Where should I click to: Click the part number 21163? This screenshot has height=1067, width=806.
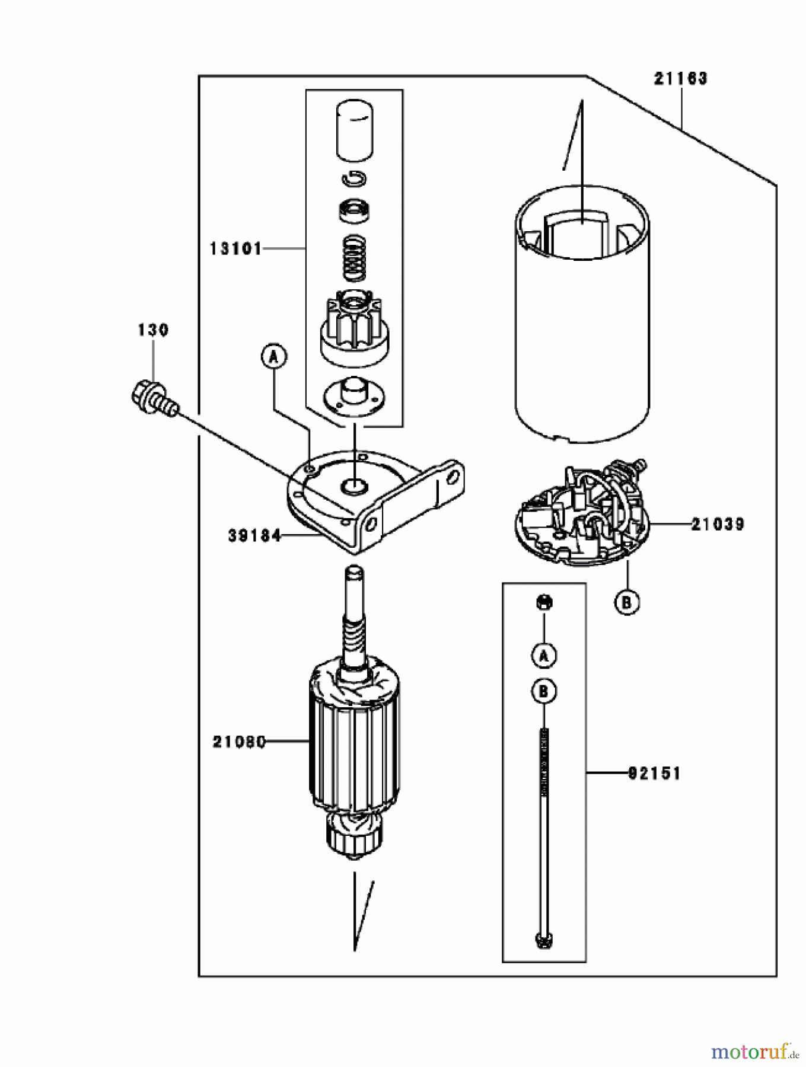(x=681, y=79)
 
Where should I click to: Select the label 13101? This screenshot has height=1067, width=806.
(x=235, y=249)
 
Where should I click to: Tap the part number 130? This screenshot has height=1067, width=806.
(x=153, y=330)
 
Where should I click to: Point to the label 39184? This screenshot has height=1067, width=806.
(x=254, y=536)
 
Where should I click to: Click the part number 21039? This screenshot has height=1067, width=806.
(x=717, y=524)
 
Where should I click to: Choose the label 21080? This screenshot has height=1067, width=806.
(x=239, y=742)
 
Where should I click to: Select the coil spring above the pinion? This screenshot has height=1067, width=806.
(x=354, y=257)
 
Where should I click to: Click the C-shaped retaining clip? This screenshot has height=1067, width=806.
(x=354, y=178)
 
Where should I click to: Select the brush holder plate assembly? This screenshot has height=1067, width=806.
(x=581, y=516)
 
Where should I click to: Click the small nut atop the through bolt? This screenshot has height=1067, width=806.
(x=544, y=603)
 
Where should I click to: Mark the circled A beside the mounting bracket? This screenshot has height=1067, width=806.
(x=273, y=357)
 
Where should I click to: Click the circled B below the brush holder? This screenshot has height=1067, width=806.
(x=627, y=602)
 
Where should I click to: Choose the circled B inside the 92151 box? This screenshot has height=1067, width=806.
(x=544, y=691)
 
